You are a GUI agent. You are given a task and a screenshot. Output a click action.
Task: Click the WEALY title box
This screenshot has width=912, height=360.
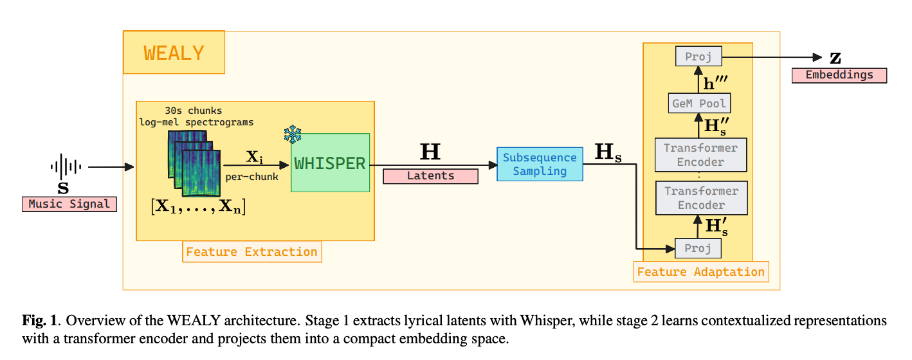(174, 52)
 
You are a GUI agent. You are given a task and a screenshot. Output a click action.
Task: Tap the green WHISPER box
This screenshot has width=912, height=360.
(330, 163)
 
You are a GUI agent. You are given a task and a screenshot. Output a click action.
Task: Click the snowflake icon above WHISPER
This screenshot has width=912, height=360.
(293, 134)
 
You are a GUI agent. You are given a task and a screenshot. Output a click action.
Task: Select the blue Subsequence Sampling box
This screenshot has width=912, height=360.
(540, 164)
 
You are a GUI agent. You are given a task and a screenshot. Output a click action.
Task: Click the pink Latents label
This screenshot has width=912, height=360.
(430, 176)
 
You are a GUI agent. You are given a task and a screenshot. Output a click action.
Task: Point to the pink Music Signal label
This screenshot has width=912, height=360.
(69, 204)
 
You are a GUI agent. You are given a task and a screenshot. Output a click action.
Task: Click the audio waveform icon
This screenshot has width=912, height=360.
(66, 166)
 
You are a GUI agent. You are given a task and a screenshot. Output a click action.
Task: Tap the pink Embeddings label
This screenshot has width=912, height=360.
(839, 75)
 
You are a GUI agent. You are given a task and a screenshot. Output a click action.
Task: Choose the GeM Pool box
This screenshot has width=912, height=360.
(699, 104)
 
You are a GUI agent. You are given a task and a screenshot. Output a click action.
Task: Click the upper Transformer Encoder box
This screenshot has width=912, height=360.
(700, 154)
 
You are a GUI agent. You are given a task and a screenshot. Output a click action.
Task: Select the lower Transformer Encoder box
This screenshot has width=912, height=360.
(702, 198)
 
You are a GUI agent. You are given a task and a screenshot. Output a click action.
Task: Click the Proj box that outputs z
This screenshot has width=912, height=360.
(698, 56)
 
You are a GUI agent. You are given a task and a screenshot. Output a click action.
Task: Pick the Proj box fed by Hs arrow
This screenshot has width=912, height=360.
(698, 248)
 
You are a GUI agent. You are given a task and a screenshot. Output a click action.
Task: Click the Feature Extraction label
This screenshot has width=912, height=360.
(252, 252)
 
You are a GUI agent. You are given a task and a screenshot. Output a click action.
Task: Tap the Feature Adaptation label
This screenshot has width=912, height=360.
(701, 272)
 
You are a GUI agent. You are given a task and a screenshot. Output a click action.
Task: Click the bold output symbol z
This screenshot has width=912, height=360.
(835, 58)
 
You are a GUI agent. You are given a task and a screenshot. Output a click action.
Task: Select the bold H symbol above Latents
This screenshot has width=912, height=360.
(430, 152)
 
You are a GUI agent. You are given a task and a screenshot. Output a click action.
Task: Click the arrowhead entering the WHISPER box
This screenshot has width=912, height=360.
(284, 165)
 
